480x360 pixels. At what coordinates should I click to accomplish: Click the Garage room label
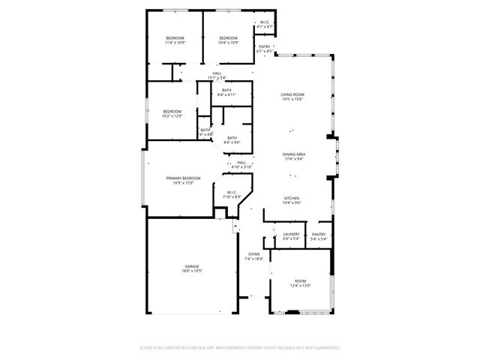192,266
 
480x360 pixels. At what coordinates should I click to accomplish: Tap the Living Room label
293,94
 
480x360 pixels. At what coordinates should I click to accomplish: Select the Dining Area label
293,154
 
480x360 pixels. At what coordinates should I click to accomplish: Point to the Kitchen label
291,198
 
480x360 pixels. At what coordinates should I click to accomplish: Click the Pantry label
318,234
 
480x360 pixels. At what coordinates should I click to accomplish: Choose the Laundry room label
291,234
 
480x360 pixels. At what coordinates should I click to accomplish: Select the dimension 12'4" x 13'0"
300,285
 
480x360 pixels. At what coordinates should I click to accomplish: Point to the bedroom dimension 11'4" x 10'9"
175,43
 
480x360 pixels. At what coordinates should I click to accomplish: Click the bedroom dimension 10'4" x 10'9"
228,43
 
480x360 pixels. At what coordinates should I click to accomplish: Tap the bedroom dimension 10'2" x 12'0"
172,116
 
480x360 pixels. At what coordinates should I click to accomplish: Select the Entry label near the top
264,46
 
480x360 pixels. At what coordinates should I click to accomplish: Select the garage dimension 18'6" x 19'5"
192,271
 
